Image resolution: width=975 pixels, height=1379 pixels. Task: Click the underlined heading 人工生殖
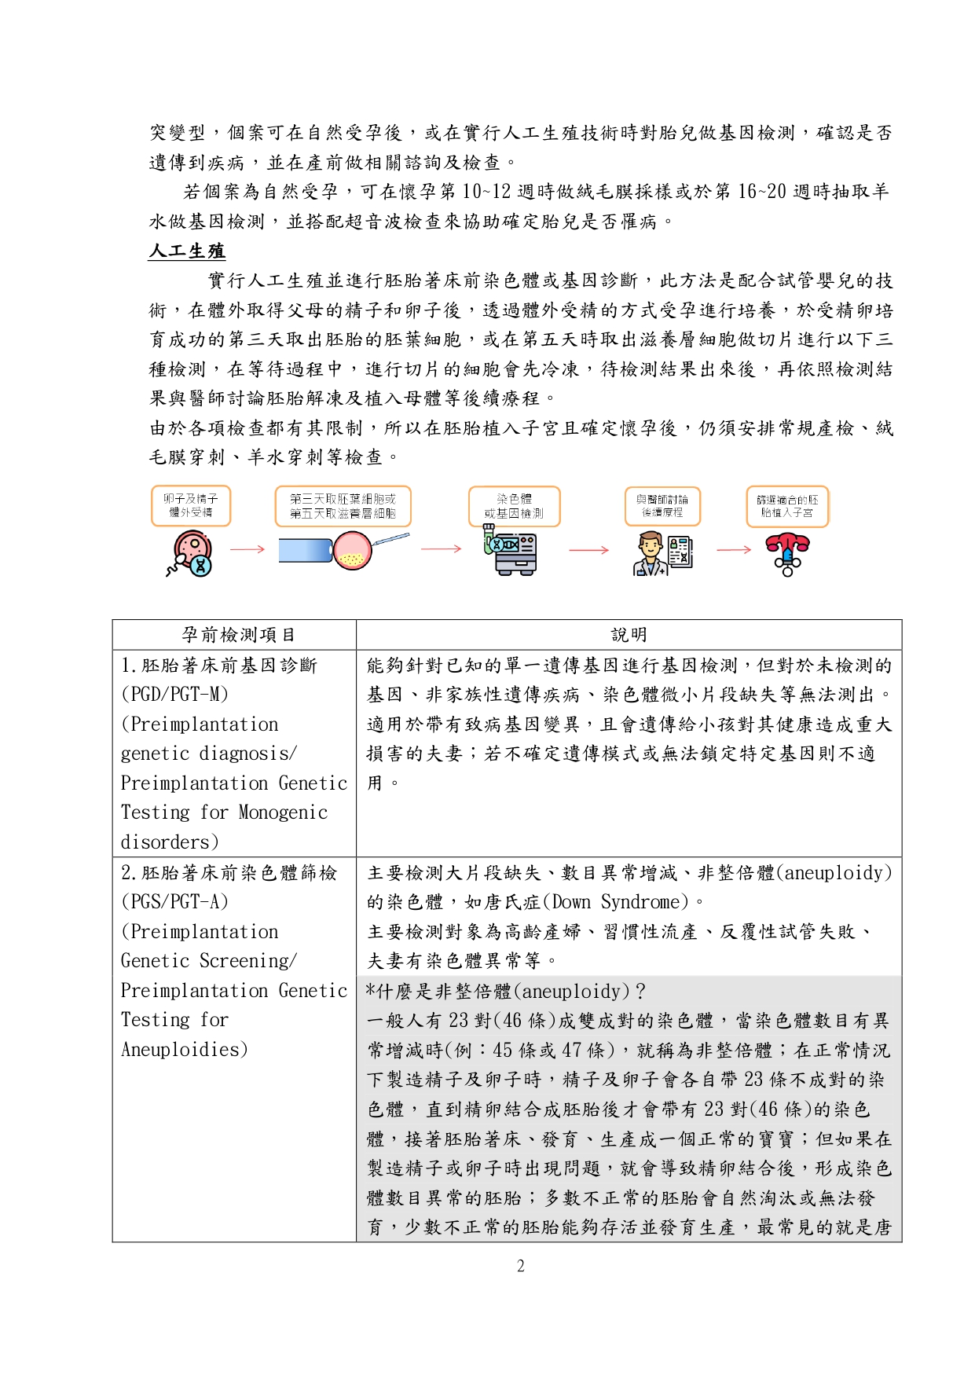(x=187, y=251)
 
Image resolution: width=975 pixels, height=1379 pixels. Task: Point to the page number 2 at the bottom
(x=520, y=1266)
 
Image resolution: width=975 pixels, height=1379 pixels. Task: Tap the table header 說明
(x=629, y=635)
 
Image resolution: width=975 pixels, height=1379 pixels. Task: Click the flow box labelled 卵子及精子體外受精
(x=191, y=506)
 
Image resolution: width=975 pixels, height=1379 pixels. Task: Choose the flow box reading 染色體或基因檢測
(x=514, y=506)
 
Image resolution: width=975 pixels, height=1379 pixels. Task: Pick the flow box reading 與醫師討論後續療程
(x=662, y=506)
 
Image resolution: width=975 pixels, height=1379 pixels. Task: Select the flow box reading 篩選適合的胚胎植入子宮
(x=787, y=506)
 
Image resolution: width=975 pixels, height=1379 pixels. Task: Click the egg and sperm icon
(x=191, y=552)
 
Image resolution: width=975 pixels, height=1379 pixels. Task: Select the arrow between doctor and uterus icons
(x=734, y=549)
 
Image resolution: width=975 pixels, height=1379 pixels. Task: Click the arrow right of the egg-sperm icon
(x=247, y=549)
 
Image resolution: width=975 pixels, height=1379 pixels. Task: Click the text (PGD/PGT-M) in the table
(x=174, y=695)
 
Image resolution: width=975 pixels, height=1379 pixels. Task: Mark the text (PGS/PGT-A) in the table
(x=174, y=902)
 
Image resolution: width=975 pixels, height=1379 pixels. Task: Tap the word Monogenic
(x=283, y=812)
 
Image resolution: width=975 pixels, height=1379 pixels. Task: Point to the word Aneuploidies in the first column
(x=184, y=1050)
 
